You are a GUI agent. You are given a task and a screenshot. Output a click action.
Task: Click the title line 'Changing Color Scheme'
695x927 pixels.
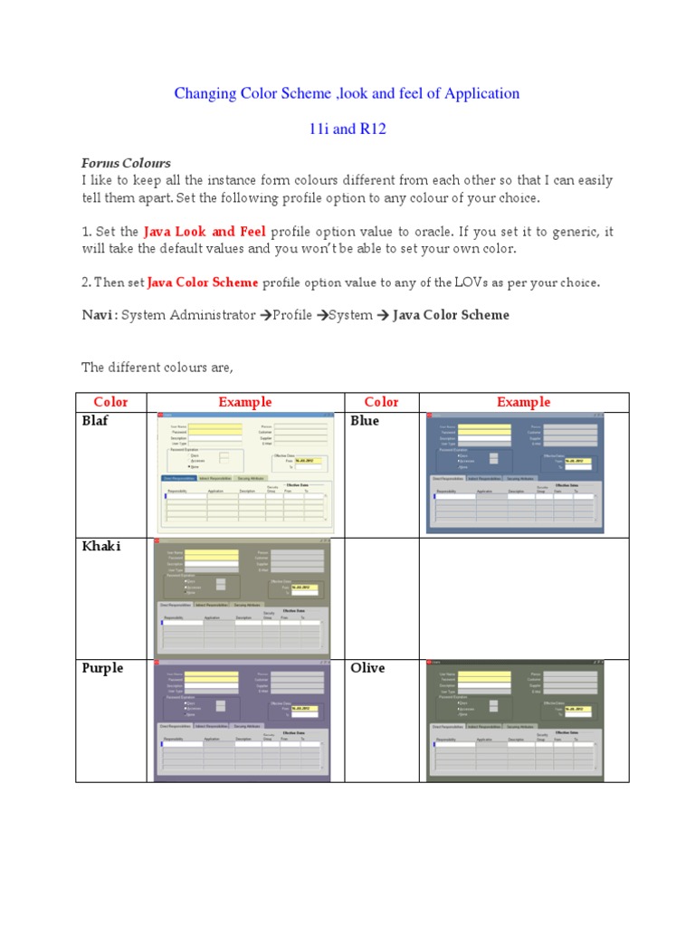[x=347, y=93]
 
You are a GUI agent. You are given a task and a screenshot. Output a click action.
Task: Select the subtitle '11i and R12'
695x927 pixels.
[x=347, y=129]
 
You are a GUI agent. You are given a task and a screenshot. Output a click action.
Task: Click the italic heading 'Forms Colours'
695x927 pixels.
[x=126, y=163]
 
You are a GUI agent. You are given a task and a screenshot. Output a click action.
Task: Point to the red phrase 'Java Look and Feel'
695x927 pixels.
[x=204, y=232]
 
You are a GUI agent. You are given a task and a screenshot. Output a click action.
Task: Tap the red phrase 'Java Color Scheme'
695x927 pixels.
[x=203, y=282]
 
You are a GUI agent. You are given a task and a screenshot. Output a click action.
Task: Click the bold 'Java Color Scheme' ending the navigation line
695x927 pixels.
[x=451, y=315]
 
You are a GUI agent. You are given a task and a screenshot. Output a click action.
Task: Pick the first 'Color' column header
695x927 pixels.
[x=110, y=402]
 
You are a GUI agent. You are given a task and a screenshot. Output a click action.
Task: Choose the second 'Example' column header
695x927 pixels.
[x=523, y=402]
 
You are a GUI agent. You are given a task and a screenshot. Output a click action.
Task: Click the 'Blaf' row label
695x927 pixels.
[x=95, y=421]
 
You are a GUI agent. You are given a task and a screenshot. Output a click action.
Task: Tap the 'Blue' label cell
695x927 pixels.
[x=365, y=421]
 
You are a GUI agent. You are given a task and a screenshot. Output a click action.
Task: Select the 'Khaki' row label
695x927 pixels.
[x=100, y=546]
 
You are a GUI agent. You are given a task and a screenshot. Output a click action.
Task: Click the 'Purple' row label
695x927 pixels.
[x=102, y=668]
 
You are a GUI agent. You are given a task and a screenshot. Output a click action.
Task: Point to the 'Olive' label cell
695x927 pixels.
[x=367, y=668]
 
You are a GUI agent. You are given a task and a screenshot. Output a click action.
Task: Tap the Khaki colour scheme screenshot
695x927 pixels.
[x=242, y=597]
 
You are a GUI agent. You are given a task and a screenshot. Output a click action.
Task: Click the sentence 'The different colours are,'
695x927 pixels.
[x=157, y=367]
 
